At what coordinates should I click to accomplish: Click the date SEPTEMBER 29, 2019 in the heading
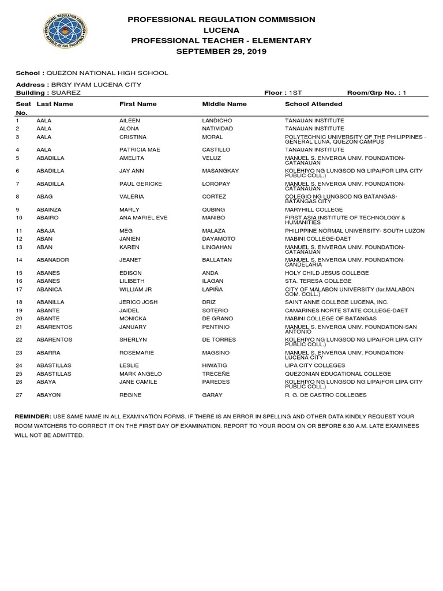(221, 51)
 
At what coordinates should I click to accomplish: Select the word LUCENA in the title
(221, 30)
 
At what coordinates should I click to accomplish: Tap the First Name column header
(138, 104)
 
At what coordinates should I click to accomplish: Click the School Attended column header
(313, 104)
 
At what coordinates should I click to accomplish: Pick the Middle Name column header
(224, 104)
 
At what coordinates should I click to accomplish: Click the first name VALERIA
(132, 196)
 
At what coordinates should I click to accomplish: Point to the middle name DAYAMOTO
(219, 238)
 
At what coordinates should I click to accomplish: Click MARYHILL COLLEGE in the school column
(314, 210)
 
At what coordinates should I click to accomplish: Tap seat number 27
(18, 395)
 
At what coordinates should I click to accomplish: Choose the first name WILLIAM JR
(135, 289)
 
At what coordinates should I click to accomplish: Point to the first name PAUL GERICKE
(140, 184)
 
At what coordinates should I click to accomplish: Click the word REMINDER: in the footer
(32, 416)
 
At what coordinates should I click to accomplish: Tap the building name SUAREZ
(66, 92)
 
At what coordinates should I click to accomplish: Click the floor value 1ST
(295, 92)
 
